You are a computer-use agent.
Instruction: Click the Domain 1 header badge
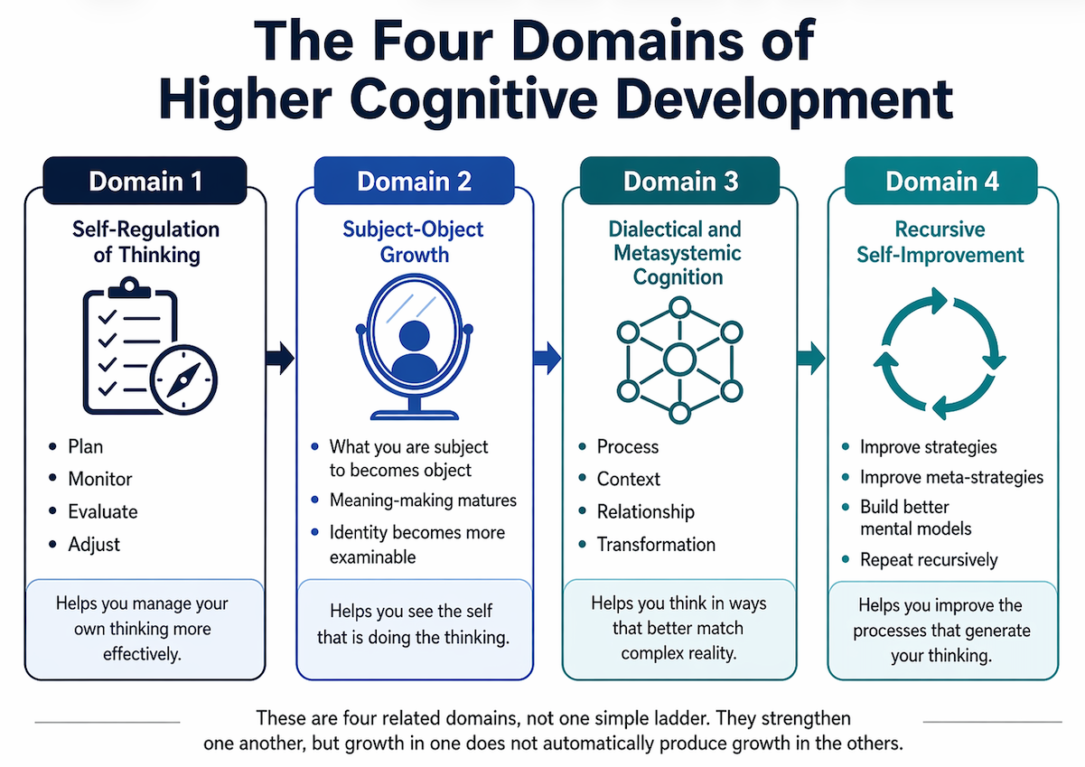(x=145, y=181)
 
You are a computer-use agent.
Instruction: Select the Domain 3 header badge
(x=679, y=181)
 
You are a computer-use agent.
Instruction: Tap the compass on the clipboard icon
(x=183, y=379)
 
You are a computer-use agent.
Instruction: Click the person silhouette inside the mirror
(x=414, y=349)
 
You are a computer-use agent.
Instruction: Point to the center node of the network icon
(x=679, y=360)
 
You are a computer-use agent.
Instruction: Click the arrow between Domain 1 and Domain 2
(x=280, y=359)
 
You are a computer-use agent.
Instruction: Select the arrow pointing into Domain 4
(x=811, y=359)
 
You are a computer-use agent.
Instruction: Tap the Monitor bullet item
(x=99, y=479)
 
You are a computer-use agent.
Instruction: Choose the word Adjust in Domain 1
(x=94, y=544)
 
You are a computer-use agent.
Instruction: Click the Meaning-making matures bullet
(x=423, y=500)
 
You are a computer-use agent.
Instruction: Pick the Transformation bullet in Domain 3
(x=656, y=544)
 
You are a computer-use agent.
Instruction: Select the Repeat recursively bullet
(x=929, y=559)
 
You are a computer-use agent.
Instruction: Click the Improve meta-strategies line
(x=951, y=477)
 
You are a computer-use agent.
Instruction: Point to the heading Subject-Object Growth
(x=413, y=242)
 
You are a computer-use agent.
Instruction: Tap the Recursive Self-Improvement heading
(x=940, y=242)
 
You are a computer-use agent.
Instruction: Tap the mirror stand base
(x=414, y=415)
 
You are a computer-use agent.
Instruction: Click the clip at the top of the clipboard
(x=129, y=288)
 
